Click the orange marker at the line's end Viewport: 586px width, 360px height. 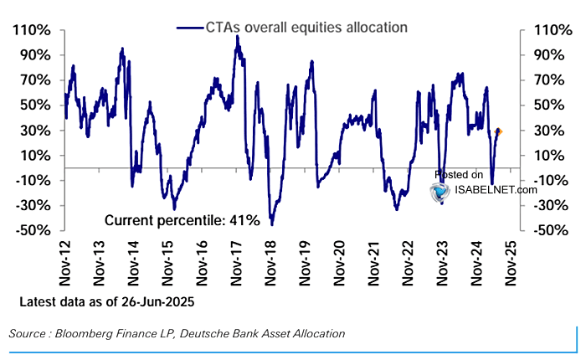(499, 131)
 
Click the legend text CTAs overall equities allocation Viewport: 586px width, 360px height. (306, 27)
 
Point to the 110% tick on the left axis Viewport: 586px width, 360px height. (30, 30)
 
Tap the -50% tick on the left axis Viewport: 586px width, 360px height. (33, 230)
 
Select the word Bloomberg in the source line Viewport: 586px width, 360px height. (85, 333)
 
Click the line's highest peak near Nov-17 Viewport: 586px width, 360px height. (237, 36)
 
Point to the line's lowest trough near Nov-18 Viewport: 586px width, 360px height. (272, 224)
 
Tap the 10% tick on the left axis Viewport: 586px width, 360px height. (33, 156)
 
